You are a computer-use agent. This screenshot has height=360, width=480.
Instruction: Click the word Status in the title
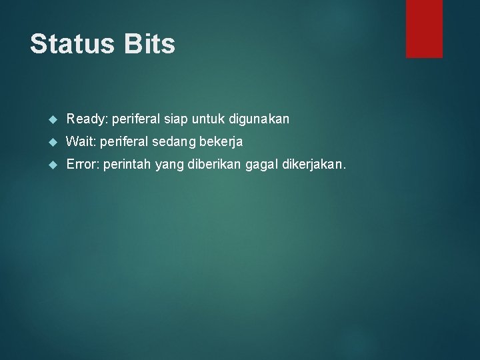click(x=71, y=45)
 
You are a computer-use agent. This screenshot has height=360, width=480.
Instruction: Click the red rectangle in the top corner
click(x=424, y=28)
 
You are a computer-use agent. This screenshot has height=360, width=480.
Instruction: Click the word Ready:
click(x=87, y=119)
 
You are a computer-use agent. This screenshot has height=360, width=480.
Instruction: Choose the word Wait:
click(x=81, y=142)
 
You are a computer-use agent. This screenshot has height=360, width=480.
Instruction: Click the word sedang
click(x=173, y=142)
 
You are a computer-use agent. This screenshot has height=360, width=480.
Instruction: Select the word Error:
click(x=83, y=165)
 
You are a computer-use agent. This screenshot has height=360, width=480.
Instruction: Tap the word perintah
click(x=127, y=165)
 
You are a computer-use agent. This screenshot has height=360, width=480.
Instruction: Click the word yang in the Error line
click(x=167, y=165)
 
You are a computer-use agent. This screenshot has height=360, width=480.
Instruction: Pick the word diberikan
click(x=209, y=165)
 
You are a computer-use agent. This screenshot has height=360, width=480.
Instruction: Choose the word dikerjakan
click(x=311, y=165)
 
